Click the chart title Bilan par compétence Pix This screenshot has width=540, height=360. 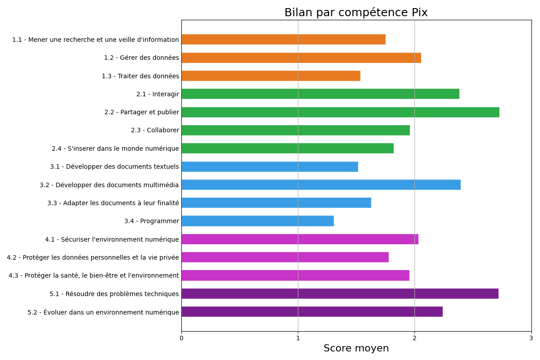pos(356,13)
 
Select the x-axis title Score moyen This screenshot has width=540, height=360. pos(356,348)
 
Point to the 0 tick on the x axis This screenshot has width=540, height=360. pos(181,338)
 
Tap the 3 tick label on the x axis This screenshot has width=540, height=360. pos(531,338)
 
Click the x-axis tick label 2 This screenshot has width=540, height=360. pos(414,338)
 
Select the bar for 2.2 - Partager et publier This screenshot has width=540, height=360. pos(340,112)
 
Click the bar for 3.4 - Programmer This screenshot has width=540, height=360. pos(257,221)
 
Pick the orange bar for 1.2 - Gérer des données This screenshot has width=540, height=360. pos(301,58)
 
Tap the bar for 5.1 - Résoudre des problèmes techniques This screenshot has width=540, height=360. pos(340,293)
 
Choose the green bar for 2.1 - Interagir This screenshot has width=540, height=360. pos(320,94)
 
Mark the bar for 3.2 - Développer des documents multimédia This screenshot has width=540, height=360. pos(321,184)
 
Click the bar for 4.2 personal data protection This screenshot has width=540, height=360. pos(285,257)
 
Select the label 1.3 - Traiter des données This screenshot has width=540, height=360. pos(140,76)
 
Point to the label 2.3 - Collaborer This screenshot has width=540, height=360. pos(155,130)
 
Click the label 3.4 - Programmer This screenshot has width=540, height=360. pos(151,221)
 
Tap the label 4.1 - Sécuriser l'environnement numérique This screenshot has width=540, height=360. pos(112,239)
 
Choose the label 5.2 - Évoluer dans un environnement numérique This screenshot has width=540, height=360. pos(103,312)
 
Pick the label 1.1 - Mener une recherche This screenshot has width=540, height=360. pos(95,40)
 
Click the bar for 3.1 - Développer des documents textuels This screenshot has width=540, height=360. pos(270,166)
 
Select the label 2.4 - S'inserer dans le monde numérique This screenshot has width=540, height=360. pos(115,148)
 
